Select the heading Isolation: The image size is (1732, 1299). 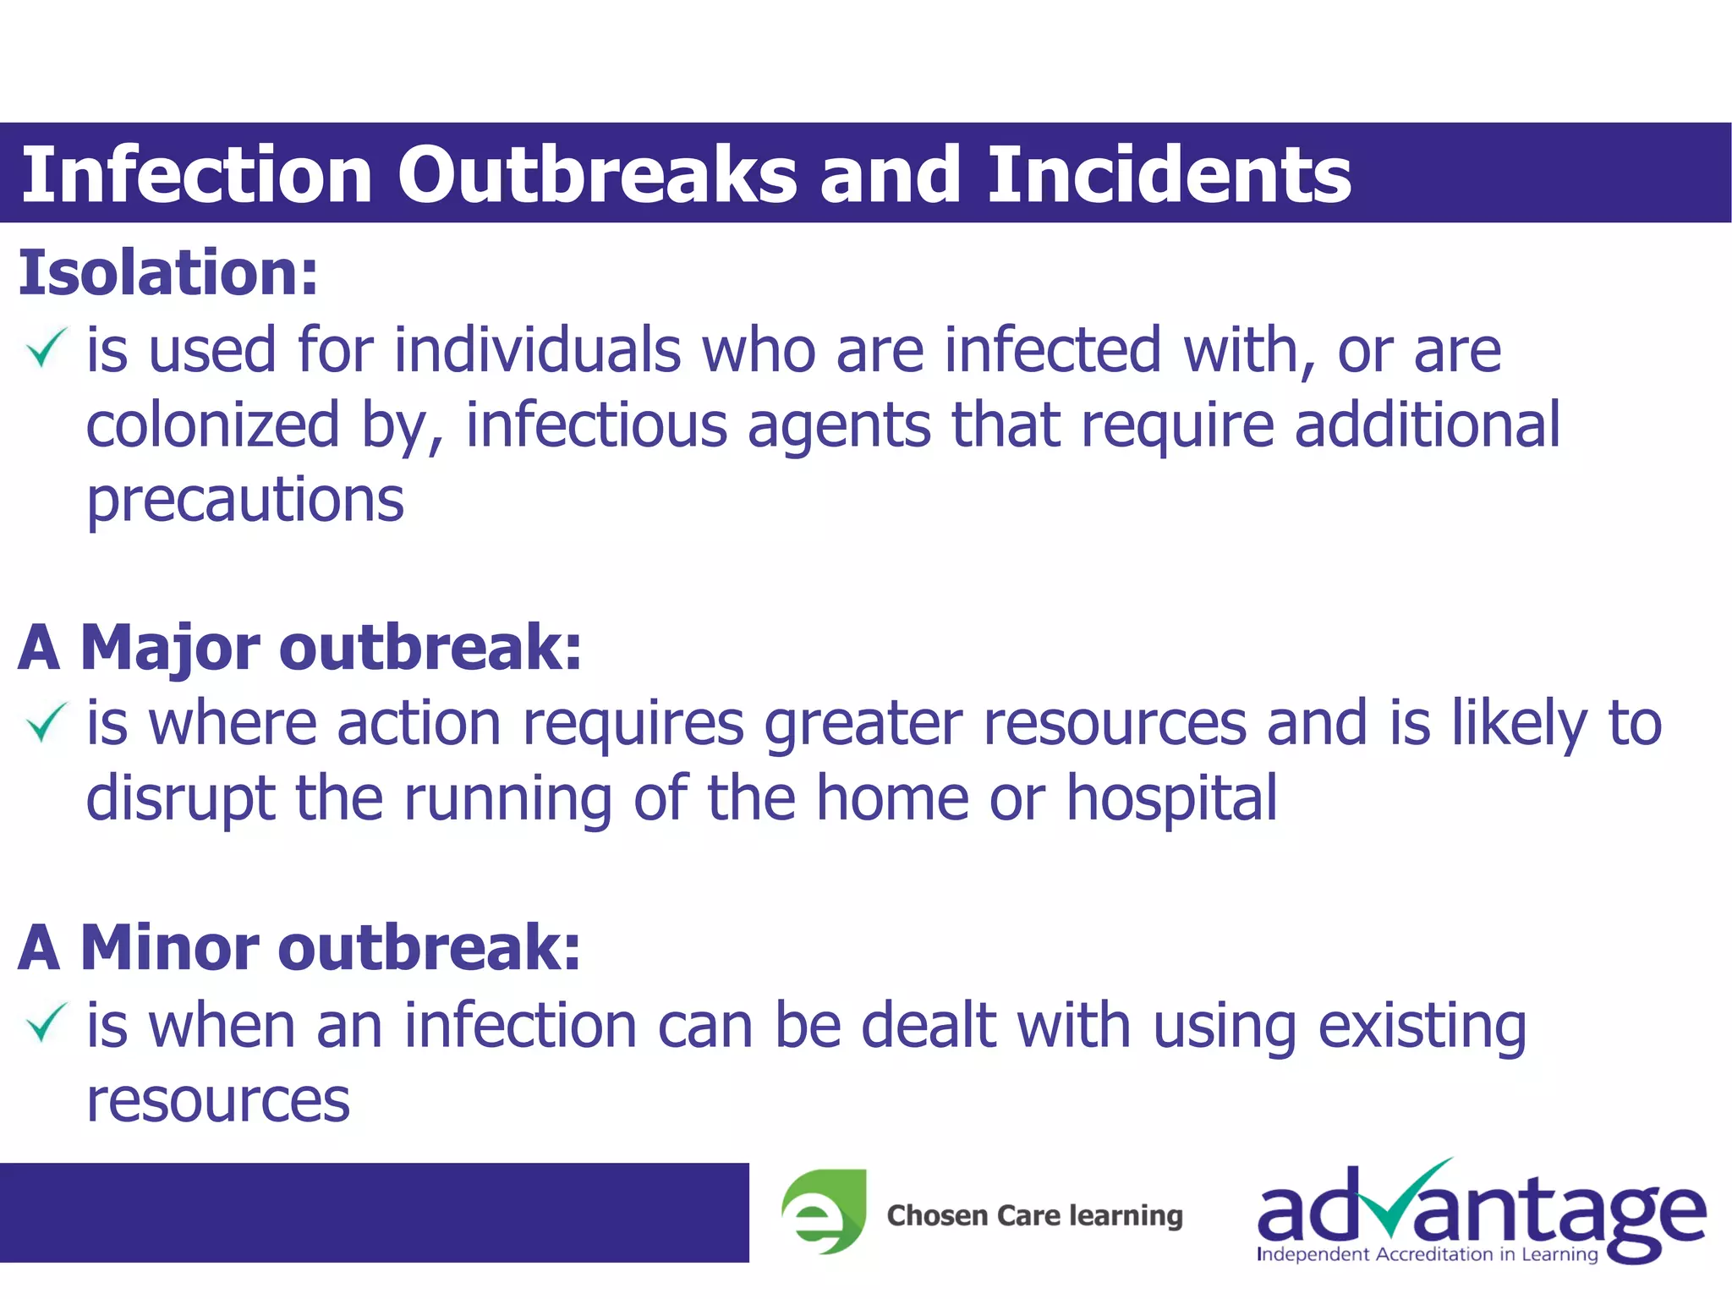tap(168, 273)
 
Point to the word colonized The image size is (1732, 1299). tap(212, 425)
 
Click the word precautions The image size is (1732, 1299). tap(245, 501)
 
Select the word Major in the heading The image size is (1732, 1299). tap(170, 648)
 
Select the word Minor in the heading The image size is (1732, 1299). tap(168, 947)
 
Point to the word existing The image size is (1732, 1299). tap(1422, 1026)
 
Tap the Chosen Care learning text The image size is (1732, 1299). tap(1034, 1215)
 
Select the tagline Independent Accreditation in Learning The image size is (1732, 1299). tap(1427, 1254)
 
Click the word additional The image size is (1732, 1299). tap(1427, 425)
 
